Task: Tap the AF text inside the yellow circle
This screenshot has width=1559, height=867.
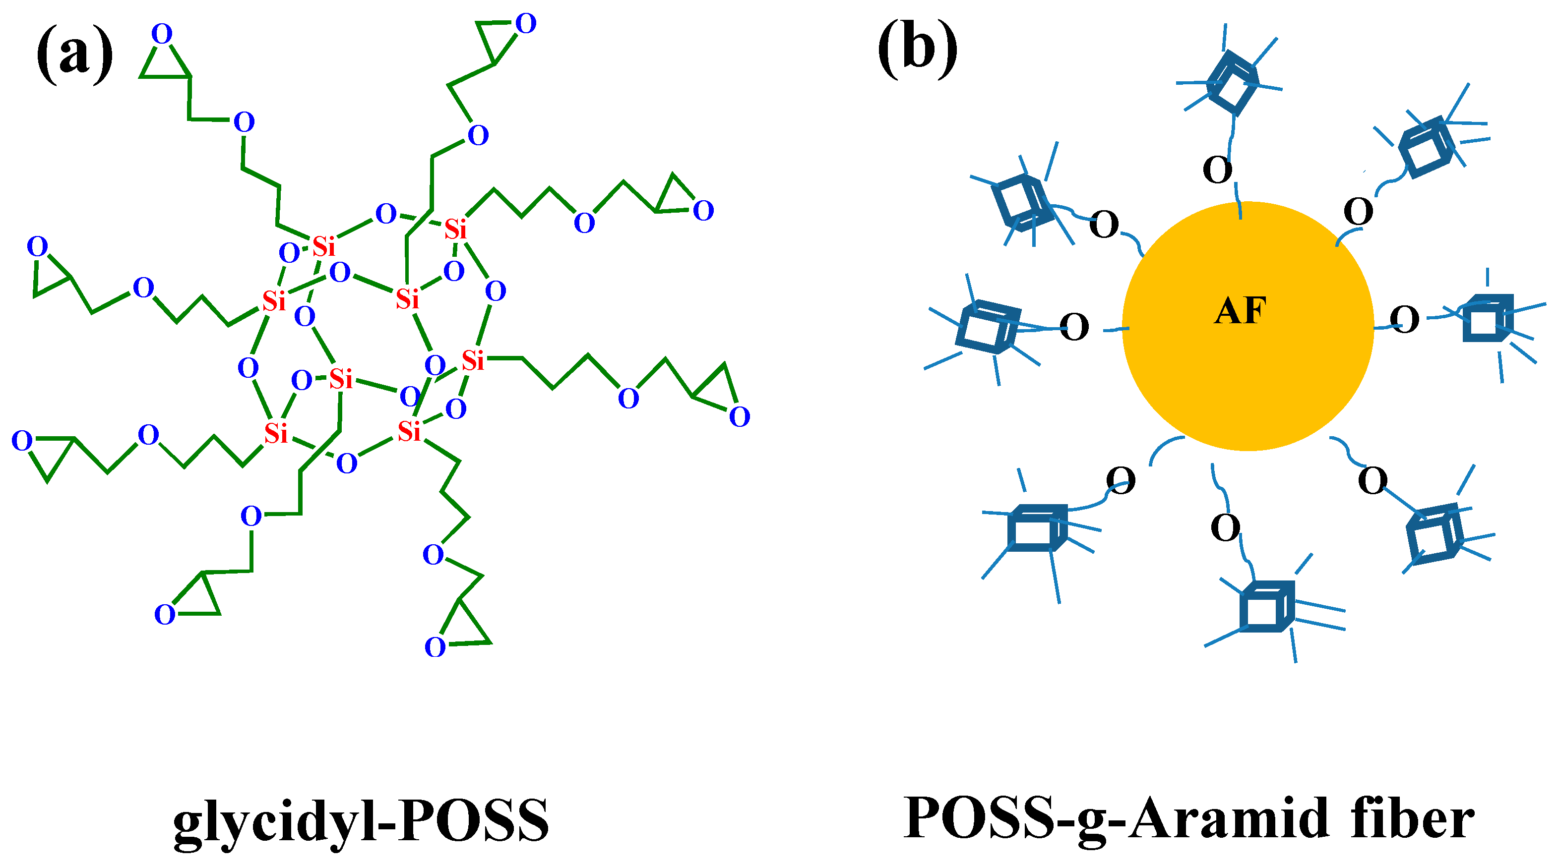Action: [1240, 312]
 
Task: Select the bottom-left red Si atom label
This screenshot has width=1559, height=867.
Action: [275, 433]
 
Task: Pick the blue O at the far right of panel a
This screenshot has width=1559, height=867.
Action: [739, 416]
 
